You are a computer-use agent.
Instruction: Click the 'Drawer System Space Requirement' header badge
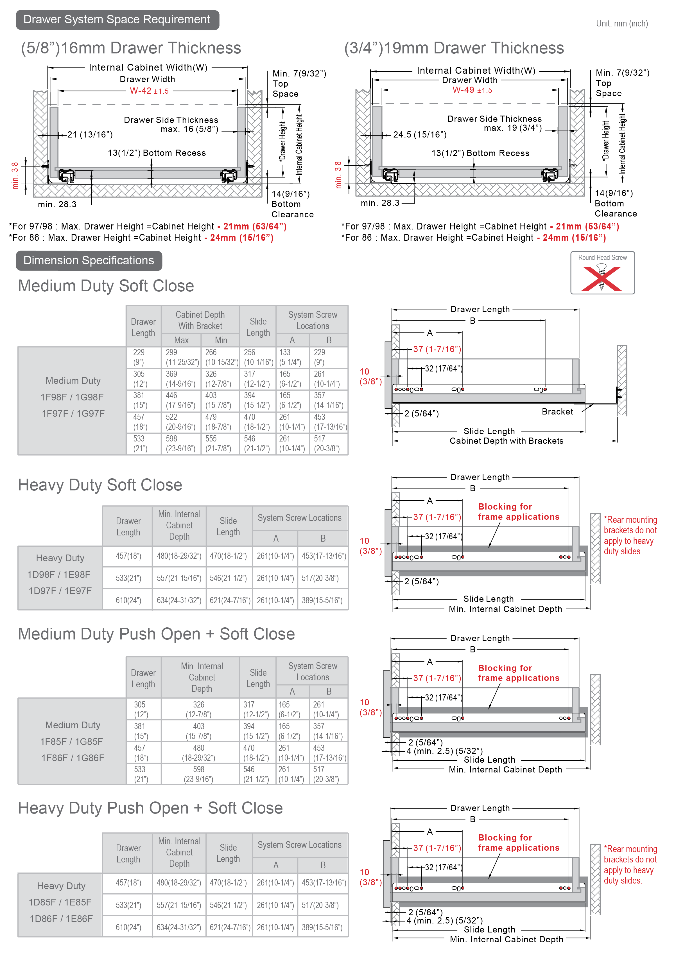(117, 20)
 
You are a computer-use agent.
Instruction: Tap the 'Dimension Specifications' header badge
(89, 261)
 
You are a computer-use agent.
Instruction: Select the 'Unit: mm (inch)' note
(622, 24)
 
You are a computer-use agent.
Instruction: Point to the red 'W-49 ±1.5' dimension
(472, 90)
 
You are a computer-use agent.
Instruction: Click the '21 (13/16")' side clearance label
(90, 135)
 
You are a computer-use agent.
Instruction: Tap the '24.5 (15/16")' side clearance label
(419, 135)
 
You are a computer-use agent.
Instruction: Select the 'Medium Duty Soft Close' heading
(106, 286)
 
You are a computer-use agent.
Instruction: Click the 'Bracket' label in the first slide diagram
(557, 411)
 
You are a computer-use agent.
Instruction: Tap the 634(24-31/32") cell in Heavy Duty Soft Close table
(179, 600)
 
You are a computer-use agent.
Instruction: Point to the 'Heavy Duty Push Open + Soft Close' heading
(150, 808)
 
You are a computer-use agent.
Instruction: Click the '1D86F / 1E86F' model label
(61, 918)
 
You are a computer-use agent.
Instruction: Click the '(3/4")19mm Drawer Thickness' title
(454, 48)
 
